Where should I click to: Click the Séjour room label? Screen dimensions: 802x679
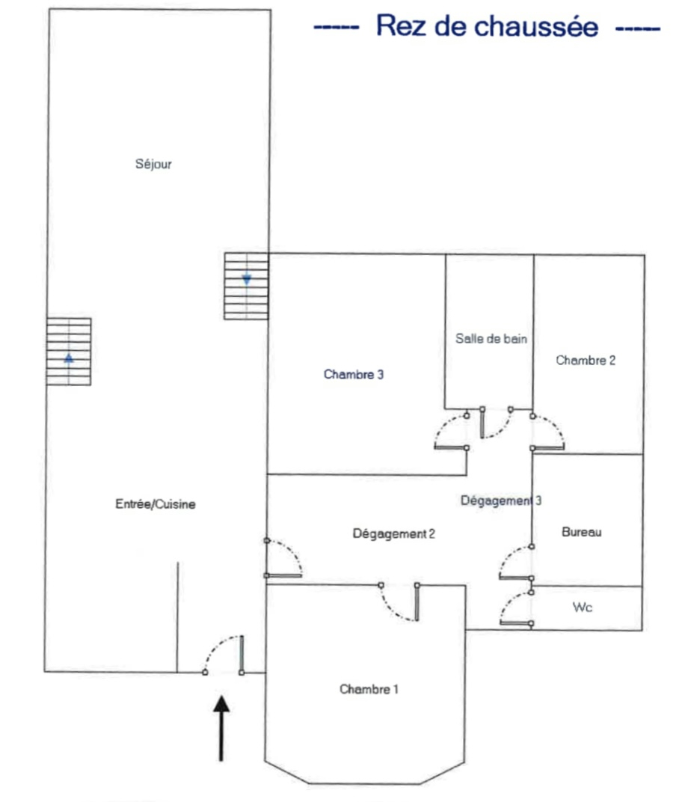(x=154, y=164)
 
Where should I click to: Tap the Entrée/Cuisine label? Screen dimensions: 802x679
(x=155, y=504)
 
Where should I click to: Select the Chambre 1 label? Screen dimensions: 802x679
(x=369, y=689)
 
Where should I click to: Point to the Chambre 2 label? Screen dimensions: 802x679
(x=586, y=360)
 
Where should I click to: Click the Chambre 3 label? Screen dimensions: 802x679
(x=354, y=375)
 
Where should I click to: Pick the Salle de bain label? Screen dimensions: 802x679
(x=491, y=338)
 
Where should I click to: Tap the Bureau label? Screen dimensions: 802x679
(x=581, y=532)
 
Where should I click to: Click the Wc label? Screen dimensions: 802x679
(x=582, y=607)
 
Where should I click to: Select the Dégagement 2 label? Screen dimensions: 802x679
(x=393, y=533)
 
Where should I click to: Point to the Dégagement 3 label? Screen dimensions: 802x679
(x=500, y=501)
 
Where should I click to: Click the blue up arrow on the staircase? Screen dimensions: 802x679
(x=69, y=358)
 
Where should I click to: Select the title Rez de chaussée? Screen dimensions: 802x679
(x=487, y=27)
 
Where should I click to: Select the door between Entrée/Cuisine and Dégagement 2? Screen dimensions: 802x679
(x=284, y=558)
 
